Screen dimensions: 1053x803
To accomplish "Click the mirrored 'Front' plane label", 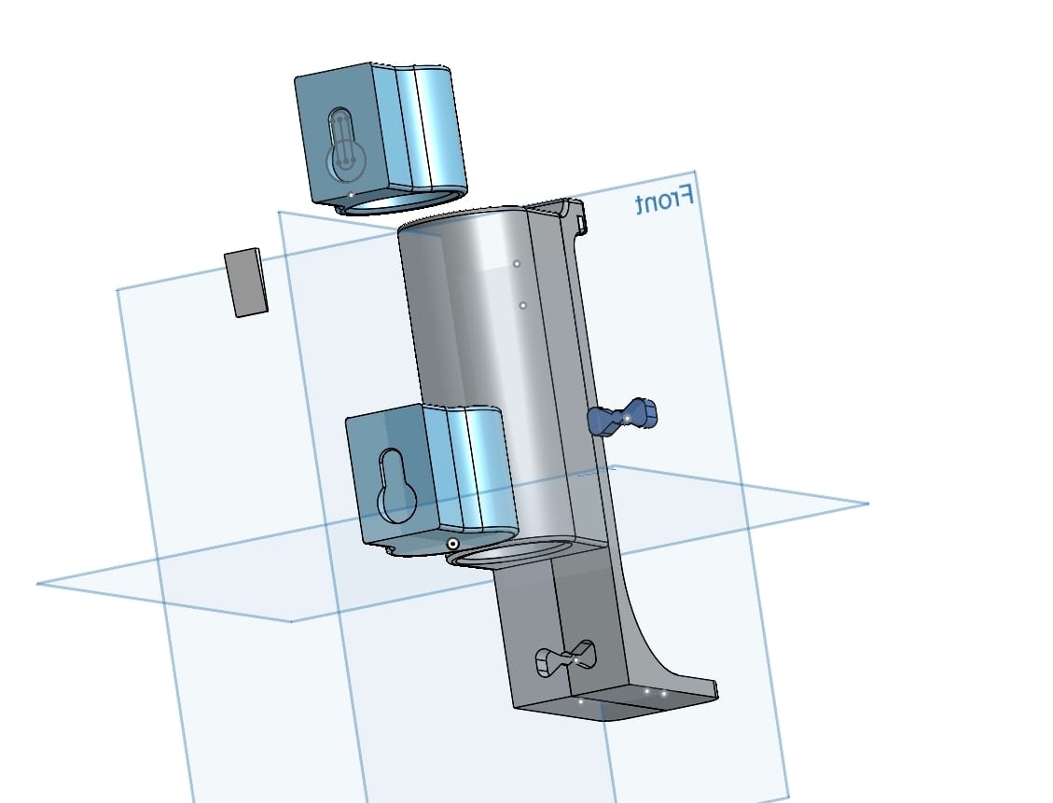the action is [x=664, y=200].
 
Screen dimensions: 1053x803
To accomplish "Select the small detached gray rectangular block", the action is [x=246, y=282].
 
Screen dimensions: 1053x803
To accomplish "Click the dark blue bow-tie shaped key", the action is [x=622, y=417].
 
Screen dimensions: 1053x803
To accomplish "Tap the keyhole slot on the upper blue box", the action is [x=345, y=145].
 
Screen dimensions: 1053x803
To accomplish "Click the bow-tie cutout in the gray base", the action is [x=565, y=658].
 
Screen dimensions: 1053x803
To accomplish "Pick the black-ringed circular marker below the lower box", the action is [x=453, y=544].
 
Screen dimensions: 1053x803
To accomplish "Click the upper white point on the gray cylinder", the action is [x=517, y=264].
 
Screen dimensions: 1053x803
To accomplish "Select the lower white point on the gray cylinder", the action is [x=523, y=306].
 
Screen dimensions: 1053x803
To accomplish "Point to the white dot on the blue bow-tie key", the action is [x=628, y=419].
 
